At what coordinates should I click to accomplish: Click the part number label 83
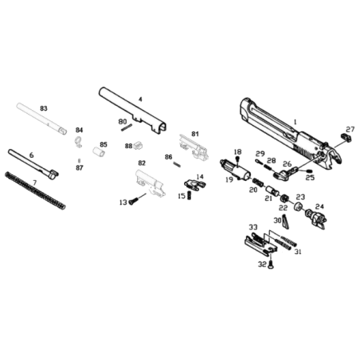pos(44,108)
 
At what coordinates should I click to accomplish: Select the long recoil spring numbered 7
pos(35,190)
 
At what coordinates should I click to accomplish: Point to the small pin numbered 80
pos(127,127)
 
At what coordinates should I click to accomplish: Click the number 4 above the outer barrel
pos(140,99)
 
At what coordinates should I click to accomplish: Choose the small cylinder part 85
pos(99,152)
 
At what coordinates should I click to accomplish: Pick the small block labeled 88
pos(138,145)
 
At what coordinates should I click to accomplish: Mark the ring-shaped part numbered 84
pos(78,141)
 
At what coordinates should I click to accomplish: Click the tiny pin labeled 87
pos(79,161)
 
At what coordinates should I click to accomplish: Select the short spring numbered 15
pos(190,195)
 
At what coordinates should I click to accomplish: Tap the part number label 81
pos(195,134)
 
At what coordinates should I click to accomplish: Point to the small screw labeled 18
pos(237,159)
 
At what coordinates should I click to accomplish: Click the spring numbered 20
pos(258,182)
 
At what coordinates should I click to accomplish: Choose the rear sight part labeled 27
pos(346,138)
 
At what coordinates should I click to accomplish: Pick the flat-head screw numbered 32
pos(270,264)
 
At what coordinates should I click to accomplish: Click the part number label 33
pos(253,227)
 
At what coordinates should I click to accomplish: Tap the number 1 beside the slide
pos(295,122)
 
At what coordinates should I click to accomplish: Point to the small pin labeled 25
pos(308,170)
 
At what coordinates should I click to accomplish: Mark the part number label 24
pos(319,206)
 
